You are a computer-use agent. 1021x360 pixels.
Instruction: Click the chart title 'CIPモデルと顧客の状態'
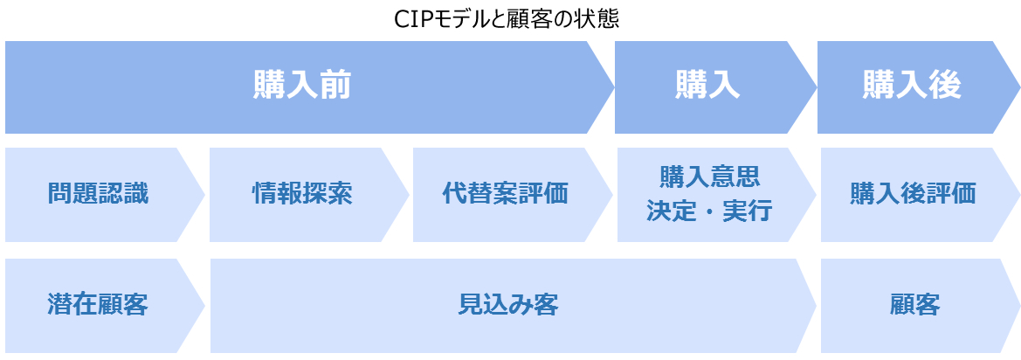(507, 19)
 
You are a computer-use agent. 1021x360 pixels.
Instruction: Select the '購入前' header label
(302, 87)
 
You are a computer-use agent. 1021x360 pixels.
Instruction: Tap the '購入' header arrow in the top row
(715, 87)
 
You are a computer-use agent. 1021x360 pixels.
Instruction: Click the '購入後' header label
(912, 87)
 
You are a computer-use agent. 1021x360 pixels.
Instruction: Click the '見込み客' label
(508, 305)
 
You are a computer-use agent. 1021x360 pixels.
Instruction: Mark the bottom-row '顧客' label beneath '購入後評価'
(913, 305)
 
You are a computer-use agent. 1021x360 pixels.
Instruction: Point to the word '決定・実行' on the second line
(709, 211)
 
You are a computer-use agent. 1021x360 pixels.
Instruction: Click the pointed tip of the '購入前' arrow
(614, 87)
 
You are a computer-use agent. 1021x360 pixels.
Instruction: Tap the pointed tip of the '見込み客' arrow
(816, 305)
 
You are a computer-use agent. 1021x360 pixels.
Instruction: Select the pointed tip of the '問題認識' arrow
(204, 195)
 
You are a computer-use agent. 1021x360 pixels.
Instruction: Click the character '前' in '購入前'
(336, 87)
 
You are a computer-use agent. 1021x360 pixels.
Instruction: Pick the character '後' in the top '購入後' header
(946, 87)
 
